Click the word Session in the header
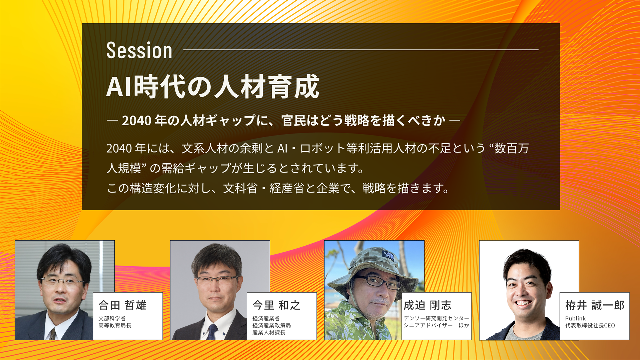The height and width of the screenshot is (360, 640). click(139, 51)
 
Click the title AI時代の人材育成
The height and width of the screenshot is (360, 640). click(213, 87)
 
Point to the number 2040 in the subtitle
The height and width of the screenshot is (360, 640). click(137, 121)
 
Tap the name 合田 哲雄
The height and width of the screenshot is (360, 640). click(122, 305)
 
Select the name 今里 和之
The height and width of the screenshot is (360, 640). click(276, 305)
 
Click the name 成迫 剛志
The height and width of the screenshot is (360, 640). click(427, 305)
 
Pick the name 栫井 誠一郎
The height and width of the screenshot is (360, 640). click(595, 305)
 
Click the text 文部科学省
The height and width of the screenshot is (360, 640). click(112, 318)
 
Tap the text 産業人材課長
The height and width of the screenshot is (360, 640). click(269, 332)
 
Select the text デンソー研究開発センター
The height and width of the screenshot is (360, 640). click(436, 318)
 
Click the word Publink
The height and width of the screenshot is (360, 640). click(575, 318)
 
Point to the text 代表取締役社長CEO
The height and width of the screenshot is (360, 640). click(590, 325)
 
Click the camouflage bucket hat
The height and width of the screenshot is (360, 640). click(373, 267)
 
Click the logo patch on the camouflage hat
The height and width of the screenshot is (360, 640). click(388, 256)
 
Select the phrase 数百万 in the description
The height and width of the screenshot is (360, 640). click(512, 148)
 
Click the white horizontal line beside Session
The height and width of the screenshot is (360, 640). click(361, 50)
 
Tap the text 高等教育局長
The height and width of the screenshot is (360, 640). click(115, 325)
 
